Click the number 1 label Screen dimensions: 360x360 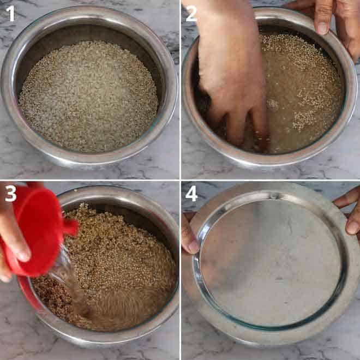[x=10, y=13]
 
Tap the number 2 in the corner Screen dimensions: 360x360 [x=191, y=13]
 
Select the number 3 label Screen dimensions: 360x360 [x=10, y=194]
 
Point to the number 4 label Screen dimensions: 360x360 [x=191, y=194]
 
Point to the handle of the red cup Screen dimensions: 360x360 [x=70, y=226]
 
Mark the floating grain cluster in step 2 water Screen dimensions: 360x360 [x=305, y=117]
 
